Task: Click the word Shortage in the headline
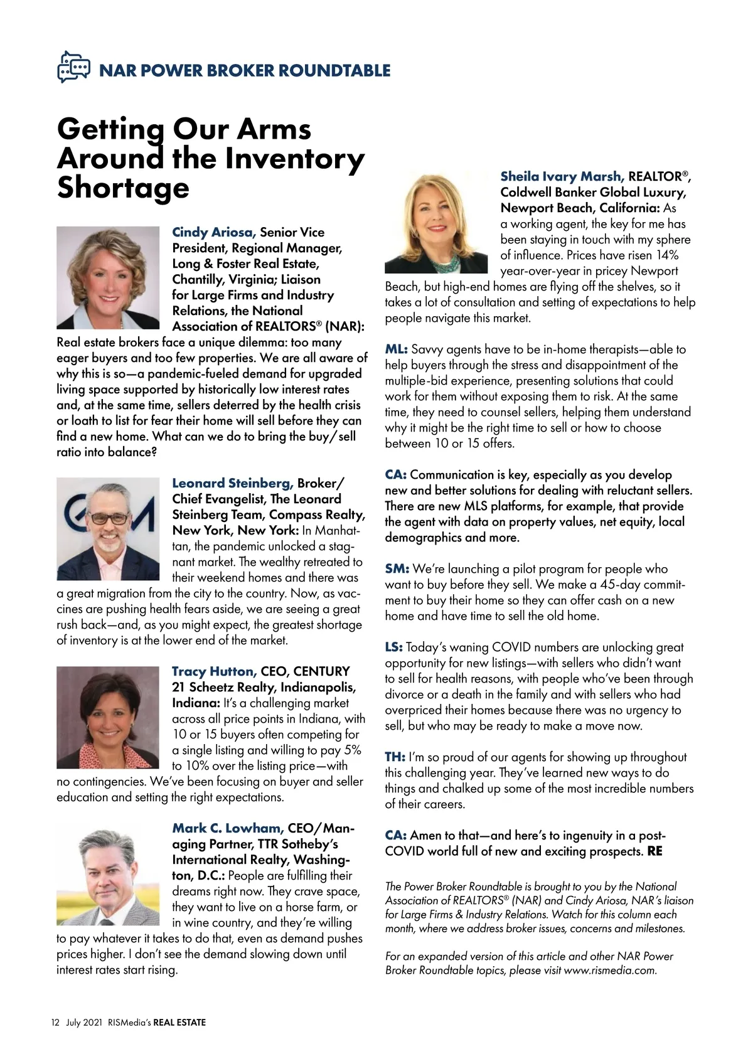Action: pos(123,188)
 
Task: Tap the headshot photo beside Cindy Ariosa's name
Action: pos(108,277)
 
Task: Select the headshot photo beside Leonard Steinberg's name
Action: pos(108,528)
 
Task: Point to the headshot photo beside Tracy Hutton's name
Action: pos(108,717)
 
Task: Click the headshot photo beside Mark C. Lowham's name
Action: pos(108,874)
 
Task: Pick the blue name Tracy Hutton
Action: pos(214,671)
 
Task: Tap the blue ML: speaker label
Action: pos(396,349)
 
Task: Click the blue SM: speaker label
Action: pos(397,569)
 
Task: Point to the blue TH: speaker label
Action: pos(395,757)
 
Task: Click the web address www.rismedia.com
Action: pos(610,971)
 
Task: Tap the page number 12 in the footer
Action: pos(55,1023)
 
